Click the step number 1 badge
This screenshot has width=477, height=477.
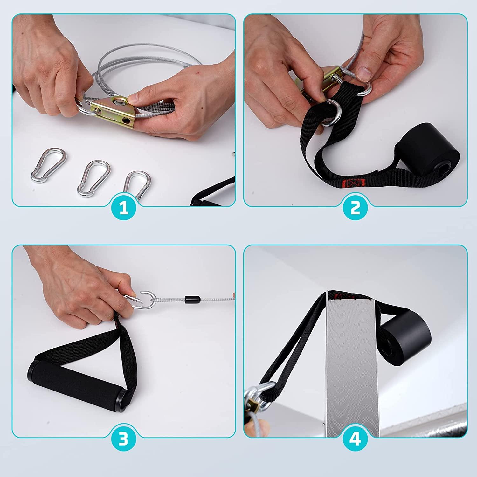(124, 208)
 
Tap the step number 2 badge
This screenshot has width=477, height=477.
(355, 208)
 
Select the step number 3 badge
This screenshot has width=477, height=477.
(124, 439)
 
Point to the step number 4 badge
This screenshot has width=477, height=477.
(355, 439)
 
